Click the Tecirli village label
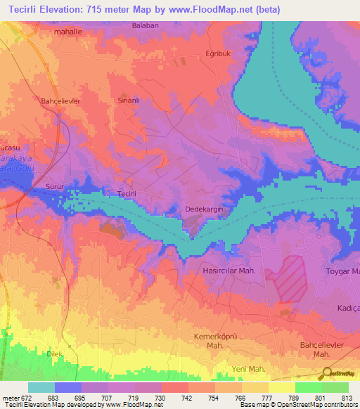pyautogui.click(x=127, y=193)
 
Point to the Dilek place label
pyautogui.click(x=55, y=354)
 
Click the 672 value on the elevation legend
pyautogui.click(x=18, y=398)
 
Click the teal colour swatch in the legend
pyautogui.click(x=41, y=387)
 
